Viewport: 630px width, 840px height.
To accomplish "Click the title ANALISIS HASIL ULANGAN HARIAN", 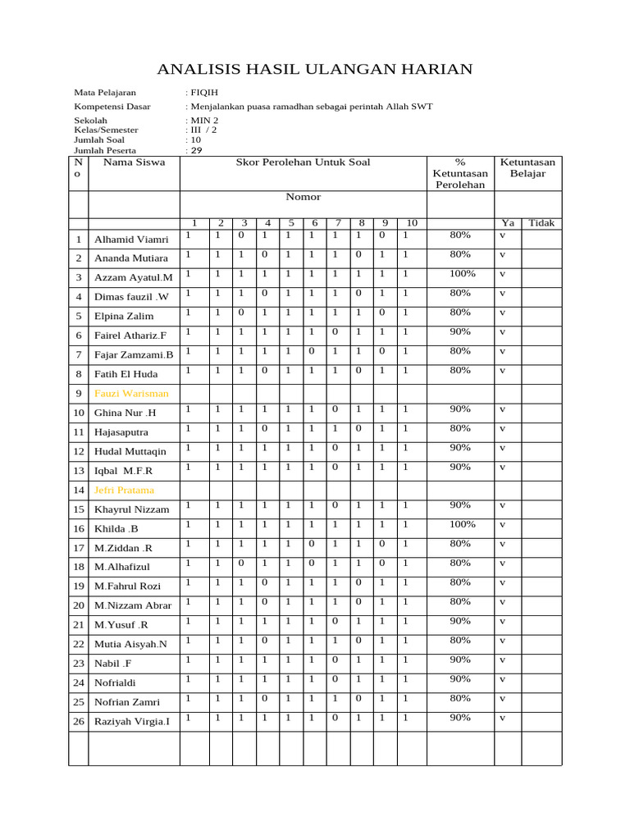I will coord(314,69).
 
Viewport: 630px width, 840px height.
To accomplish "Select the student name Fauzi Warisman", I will coord(131,394).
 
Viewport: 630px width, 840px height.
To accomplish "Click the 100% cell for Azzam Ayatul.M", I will coord(460,273).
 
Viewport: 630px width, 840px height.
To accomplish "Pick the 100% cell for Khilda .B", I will coord(460,524).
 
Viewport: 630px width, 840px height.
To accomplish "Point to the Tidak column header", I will coord(541,223).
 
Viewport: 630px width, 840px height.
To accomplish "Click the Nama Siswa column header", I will coord(134,162).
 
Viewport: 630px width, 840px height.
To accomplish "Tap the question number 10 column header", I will coord(412,223).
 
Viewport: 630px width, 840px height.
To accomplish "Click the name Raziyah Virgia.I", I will coord(132,722).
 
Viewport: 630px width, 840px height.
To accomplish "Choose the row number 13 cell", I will coord(79,471).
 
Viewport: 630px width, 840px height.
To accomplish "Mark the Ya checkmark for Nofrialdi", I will coord(502,679).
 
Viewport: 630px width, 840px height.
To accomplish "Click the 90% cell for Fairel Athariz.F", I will coord(460,331).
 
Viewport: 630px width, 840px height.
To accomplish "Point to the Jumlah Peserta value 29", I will coord(196,151).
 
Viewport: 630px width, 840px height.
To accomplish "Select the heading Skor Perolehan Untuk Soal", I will coord(303,162).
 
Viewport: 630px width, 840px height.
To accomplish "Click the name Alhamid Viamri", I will coord(131,240).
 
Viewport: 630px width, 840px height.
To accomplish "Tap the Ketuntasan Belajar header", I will coord(527,168).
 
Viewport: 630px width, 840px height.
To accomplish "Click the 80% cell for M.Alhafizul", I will coord(460,563).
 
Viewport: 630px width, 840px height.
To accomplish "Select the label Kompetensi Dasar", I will coord(112,107).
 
